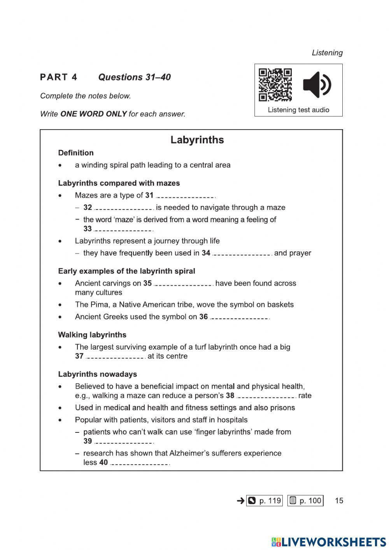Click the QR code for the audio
coord(275,85)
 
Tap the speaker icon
coord(317,85)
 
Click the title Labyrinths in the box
coord(197,140)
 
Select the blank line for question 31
coord(186,197)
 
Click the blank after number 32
coord(124,209)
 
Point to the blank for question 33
coord(124,230)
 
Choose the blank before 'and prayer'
coord(242,254)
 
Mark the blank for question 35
coord(184,285)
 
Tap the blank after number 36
coord(240,318)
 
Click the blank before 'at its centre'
coord(116,357)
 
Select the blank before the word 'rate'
coord(266,397)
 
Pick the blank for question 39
coord(124,442)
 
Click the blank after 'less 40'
coord(140,464)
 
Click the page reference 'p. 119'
coord(265,501)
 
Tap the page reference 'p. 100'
coord(305,501)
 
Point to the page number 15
coord(339,501)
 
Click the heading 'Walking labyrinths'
coord(92,335)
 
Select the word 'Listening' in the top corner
coord(327,53)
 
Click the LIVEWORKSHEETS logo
coord(329,542)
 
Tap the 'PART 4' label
coord(59,77)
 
